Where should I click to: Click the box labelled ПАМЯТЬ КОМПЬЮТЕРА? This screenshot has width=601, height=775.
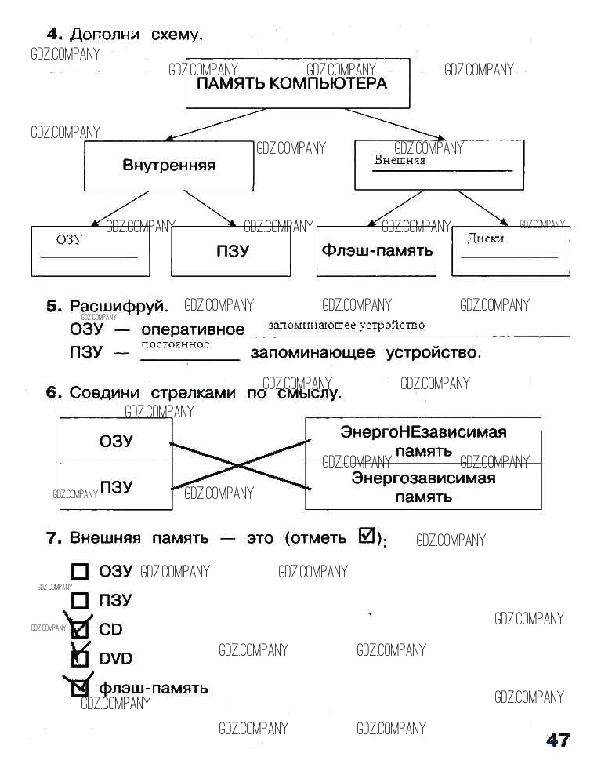[x=297, y=83]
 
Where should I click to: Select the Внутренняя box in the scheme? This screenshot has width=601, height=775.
[x=168, y=166]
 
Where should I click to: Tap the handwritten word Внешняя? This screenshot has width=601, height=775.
[x=400, y=160]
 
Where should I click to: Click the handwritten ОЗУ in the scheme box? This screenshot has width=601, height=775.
[x=69, y=240]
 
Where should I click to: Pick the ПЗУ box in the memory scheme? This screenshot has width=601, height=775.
[x=232, y=251]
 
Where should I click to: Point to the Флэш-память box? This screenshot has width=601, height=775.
[x=376, y=251]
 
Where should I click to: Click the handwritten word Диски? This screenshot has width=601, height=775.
[x=486, y=238]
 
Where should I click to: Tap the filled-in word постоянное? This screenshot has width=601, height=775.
[x=176, y=344]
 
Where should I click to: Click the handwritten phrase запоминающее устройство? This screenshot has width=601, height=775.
[x=346, y=325]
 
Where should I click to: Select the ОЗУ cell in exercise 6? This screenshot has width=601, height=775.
[x=116, y=441]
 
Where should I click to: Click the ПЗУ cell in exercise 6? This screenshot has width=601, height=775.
[x=116, y=486]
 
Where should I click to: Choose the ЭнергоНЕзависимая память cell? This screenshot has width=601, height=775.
[x=423, y=441]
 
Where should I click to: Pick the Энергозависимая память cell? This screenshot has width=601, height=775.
[x=423, y=487]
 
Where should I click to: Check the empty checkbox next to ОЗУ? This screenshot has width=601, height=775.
[x=80, y=572]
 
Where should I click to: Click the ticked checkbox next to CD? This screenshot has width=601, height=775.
[x=80, y=629]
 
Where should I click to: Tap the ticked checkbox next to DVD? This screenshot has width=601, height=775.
[x=80, y=659]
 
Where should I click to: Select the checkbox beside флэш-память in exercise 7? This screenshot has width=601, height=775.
[x=80, y=689]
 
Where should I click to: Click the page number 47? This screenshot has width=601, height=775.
[x=558, y=740]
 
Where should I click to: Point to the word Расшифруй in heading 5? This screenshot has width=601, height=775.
[x=119, y=305]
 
